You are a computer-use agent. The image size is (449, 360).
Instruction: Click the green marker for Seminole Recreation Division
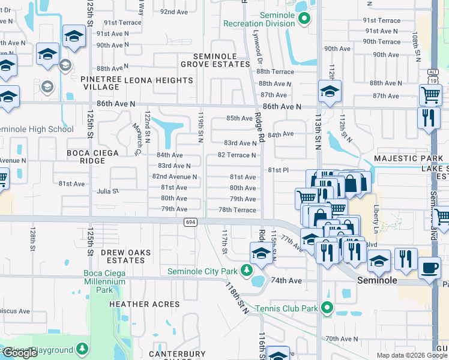tap(304, 19)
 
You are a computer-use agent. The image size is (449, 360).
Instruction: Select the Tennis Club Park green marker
tap(327, 308)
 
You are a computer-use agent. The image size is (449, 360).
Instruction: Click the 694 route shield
tap(188, 222)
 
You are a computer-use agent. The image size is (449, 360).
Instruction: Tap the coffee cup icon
tap(429, 268)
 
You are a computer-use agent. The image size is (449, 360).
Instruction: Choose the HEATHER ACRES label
tap(145, 304)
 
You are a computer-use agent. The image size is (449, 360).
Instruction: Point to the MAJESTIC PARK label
tap(408, 158)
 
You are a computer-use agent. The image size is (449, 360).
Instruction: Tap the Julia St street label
tap(108, 191)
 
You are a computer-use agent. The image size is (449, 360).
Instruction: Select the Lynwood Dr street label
tap(259, 49)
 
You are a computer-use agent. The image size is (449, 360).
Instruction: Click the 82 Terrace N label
tap(237, 155)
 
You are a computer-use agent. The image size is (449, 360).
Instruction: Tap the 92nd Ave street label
tap(175, 11)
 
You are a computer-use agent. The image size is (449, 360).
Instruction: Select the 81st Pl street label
tap(279, 170)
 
